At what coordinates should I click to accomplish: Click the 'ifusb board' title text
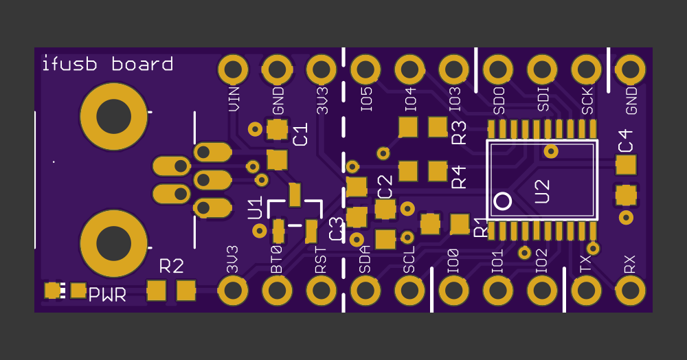(107, 65)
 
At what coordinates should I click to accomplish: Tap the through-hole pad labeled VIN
(233, 69)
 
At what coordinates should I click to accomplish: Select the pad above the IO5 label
(365, 69)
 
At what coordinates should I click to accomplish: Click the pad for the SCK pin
(586, 69)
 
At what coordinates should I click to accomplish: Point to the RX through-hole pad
(630, 291)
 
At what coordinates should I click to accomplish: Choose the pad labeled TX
(586, 291)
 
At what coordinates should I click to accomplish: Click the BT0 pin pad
(277, 291)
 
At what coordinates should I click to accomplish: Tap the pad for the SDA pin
(365, 291)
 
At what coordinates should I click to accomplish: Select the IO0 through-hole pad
(453, 291)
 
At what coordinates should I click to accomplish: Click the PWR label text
(107, 295)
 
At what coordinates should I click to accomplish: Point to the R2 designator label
(171, 266)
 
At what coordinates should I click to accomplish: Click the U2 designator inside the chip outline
(542, 191)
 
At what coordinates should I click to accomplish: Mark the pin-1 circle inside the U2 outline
(503, 201)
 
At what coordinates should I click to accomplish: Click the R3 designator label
(459, 132)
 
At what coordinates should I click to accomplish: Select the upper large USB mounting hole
(113, 117)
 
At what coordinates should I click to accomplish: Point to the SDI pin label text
(543, 99)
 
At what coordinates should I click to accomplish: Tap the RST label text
(321, 262)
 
